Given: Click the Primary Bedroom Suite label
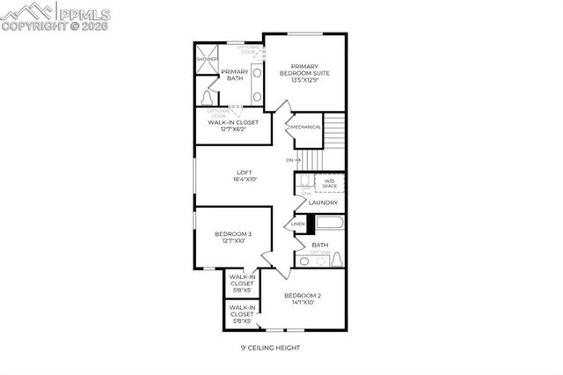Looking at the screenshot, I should click(304, 72).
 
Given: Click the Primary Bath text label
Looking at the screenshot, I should click(234, 75).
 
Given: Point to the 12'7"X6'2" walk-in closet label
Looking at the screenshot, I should click(233, 126).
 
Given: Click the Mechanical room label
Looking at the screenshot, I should click(306, 127).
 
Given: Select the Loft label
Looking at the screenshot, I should click(244, 174).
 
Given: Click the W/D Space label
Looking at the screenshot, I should click(328, 183).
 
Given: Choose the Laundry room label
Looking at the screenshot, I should click(324, 202).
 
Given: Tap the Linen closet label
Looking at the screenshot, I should click(298, 224).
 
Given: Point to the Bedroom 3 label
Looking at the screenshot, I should click(233, 237).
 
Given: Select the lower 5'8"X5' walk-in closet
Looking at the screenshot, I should click(242, 314).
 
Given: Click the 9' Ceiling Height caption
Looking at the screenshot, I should click(270, 348).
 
